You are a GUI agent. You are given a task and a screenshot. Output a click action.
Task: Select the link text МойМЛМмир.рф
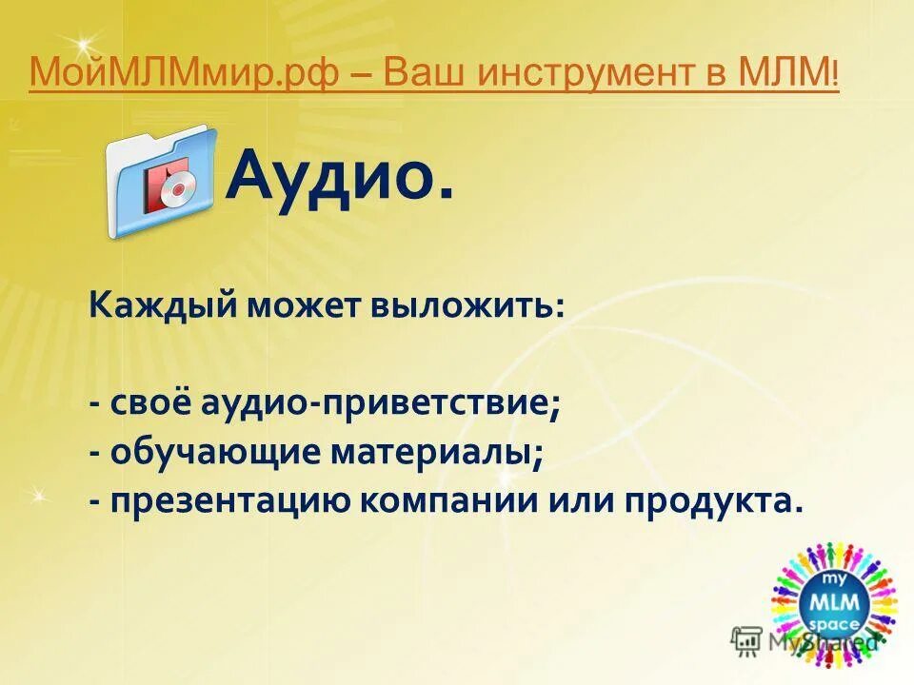click(182, 73)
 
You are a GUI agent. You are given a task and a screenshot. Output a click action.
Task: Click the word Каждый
click(163, 306)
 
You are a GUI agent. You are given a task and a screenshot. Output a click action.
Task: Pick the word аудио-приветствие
click(380, 403)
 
